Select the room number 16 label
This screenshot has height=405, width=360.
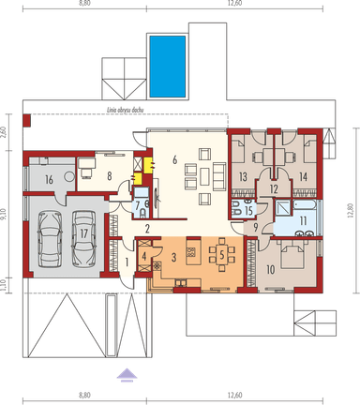point(47,178)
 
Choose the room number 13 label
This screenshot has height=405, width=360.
point(243,175)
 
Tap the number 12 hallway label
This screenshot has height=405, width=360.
point(273,189)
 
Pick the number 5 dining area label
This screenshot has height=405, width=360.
point(221,253)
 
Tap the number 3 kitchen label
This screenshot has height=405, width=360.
point(172,253)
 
